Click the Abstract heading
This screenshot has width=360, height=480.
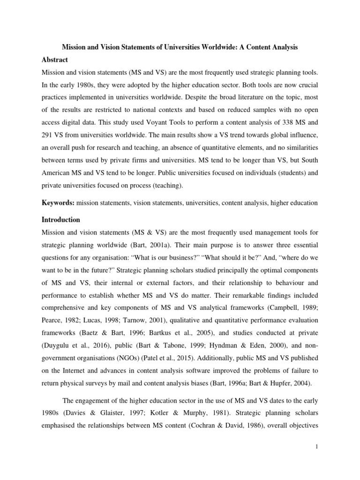point(55,60)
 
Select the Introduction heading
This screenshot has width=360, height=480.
point(61,219)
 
